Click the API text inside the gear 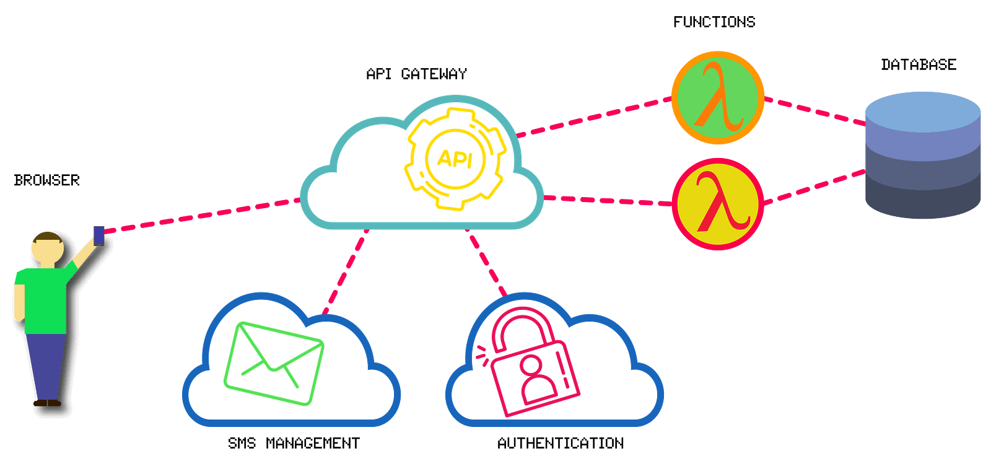click(455, 159)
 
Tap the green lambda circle click(718, 97)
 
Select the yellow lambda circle click(718, 204)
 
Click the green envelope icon click(274, 363)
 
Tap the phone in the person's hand click(98, 235)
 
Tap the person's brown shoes click(47, 403)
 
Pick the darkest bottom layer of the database click(923, 201)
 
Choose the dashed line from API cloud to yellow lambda click(607, 200)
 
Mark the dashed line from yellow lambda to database click(814, 187)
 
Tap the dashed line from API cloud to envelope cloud click(344, 273)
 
